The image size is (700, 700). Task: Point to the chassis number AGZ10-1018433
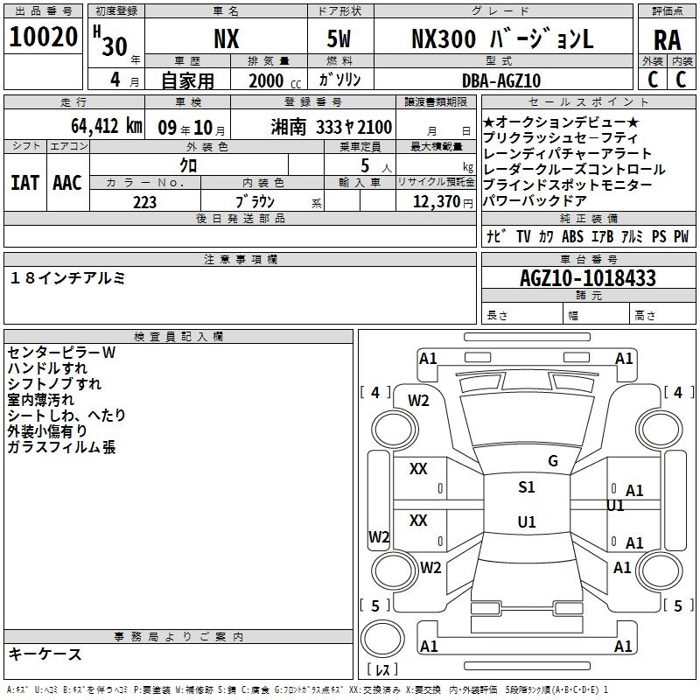(x=587, y=278)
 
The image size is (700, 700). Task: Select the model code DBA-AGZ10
(x=501, y=80)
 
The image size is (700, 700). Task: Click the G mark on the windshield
(x=553, y=460)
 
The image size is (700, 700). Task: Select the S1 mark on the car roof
(x=526, y=487)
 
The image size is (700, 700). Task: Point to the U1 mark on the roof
(x=526, y=522)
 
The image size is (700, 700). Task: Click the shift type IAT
(x=24, y=183)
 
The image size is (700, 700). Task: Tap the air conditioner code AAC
(x=67, y=183)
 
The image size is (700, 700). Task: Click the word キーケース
(x=45, y=654)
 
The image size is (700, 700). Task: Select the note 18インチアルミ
(x=68, y=277)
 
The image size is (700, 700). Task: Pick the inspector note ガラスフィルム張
(x=61, y=447)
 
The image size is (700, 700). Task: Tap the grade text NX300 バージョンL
(x=502, y=39)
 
